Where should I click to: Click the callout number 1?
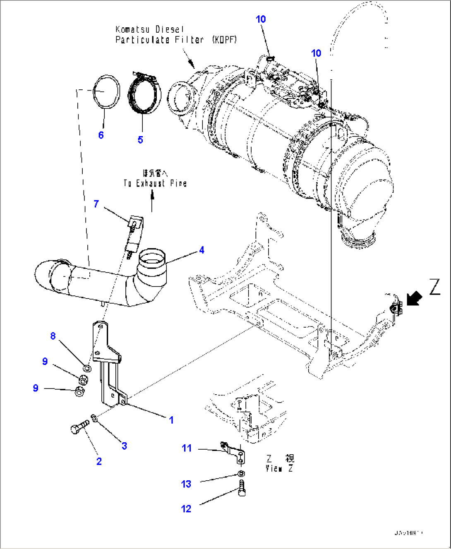tap(171, 420)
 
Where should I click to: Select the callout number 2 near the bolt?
tap(99, 461)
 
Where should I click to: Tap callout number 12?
tap(186, 508)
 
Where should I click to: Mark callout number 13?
tap(186, 484)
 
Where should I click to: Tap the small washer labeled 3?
tap(95, 418)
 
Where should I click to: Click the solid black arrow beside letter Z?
tap(414, 298)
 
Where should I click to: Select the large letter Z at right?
tap(434, 287)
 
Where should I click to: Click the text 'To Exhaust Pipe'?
tap(155, 183)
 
